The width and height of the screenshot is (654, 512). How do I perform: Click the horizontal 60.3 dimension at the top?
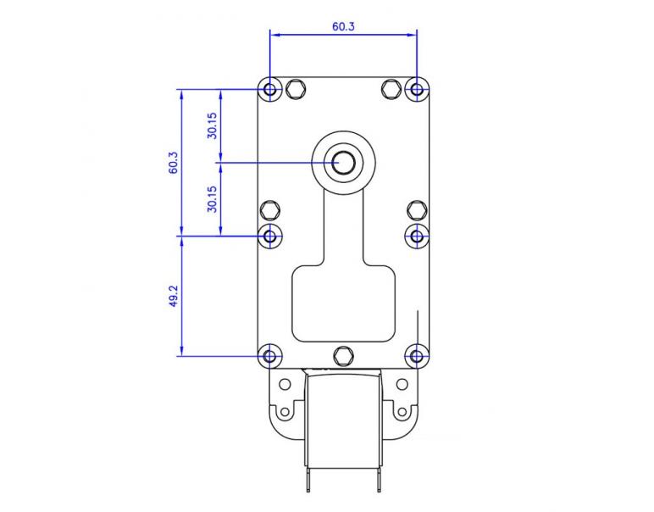(x=343, y=26)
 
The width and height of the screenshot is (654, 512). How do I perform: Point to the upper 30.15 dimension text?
(x=213, y=125)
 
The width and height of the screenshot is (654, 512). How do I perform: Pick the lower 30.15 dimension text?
(x=213, y=199)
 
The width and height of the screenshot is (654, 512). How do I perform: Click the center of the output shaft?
(x=343, y=162)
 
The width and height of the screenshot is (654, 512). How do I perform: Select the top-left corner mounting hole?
(x=270, y=89)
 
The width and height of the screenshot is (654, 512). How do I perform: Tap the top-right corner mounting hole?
(x=416, y=89)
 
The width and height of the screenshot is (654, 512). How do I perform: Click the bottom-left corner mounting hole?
(x=270, y=356)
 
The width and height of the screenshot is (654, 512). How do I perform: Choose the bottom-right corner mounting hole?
(x=416, y=356)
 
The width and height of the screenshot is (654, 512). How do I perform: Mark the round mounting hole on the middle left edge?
(x=270, y=236)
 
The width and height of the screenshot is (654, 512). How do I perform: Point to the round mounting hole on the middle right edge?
(x=416, y=236)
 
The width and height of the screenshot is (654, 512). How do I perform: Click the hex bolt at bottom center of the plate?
(x=343, y=354)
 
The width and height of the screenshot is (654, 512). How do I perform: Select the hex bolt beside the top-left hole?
(x=296, y=89)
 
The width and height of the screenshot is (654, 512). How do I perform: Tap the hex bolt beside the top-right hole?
(x=391, y=89)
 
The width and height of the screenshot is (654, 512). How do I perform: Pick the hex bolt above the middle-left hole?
(x=270, y=210)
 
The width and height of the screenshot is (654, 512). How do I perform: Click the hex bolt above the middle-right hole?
(x=416, y=210)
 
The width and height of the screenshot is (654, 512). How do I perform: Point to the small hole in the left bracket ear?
(x=285, y=413)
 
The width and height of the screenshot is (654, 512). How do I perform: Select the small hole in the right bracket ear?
(x=402, y=413)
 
